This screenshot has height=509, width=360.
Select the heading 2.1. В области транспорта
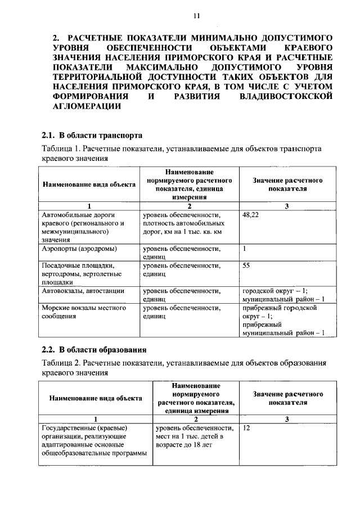(92, 136)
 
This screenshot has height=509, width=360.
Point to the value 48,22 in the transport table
(251, 215)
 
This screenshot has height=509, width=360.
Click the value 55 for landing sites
(246, 265)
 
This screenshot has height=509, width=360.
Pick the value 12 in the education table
(246, 429)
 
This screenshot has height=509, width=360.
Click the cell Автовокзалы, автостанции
(83, 291)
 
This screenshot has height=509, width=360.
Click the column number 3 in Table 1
(287, 206)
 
